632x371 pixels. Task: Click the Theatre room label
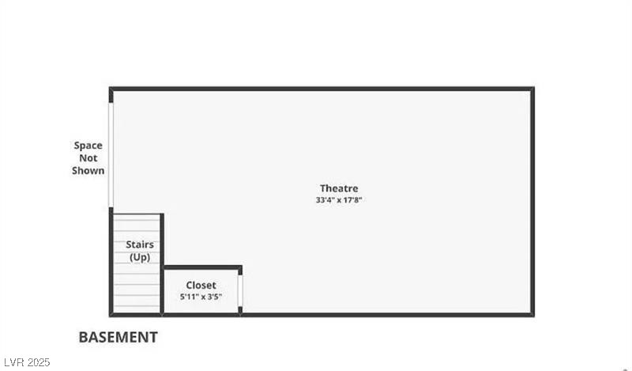[x=339, y=188]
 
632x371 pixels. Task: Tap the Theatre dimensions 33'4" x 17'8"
[x=339, y=200]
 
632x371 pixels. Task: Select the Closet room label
[x=201, y=286]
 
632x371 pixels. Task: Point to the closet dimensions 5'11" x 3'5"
[x=201, y=297]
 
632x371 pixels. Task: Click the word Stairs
[x=140, y=244]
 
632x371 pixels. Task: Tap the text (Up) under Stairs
[x=140, y=257]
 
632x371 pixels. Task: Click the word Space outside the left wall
[x=88, y=146]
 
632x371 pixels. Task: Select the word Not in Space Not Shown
[x=88, y=158]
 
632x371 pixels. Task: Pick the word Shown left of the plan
[x=88, y=171]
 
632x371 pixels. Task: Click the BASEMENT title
[x=118, y=338]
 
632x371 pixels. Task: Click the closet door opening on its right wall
[x=240, y=290]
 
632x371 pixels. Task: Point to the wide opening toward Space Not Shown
[x=111, y=155]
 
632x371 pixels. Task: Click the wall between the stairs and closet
[x=162, y=264]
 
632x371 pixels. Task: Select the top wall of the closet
[x=202, y=267]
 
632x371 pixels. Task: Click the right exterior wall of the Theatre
[x=532, y=202]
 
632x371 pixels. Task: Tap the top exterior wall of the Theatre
[x=322, y=89]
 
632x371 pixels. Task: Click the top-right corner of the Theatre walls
[x=532, y=89]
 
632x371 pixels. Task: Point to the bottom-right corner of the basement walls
[x=532, y=315]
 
